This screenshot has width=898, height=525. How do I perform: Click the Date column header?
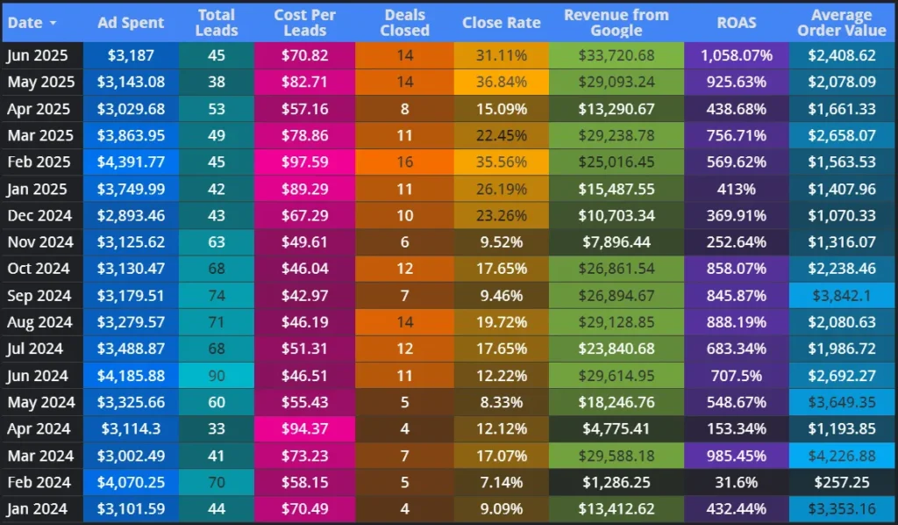tap(24, 22)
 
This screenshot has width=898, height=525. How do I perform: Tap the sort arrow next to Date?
tap(53, 22)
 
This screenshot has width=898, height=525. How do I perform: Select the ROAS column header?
tap(736, 22)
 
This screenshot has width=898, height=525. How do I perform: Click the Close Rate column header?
tap(502, 22)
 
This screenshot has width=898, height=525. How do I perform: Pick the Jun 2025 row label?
tap(39, 55)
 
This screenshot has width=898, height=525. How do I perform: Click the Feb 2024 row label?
tap(39, 482)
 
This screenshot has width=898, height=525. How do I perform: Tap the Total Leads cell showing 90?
tap(217, 376)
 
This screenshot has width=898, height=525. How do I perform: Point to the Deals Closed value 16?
tap(404, 162)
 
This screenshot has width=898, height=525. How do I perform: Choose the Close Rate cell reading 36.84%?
tap(502, 82)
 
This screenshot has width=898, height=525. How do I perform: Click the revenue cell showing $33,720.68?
tap(616, 55)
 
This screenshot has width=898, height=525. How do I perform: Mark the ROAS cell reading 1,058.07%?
tap(736, 55)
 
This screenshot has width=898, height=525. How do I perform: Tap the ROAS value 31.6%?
tap(736, 482)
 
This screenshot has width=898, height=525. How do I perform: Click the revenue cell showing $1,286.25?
tap(616, 482)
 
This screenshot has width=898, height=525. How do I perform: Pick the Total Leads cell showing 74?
tap(217, 296)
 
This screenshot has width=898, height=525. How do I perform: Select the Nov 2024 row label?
tap(39, 242)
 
